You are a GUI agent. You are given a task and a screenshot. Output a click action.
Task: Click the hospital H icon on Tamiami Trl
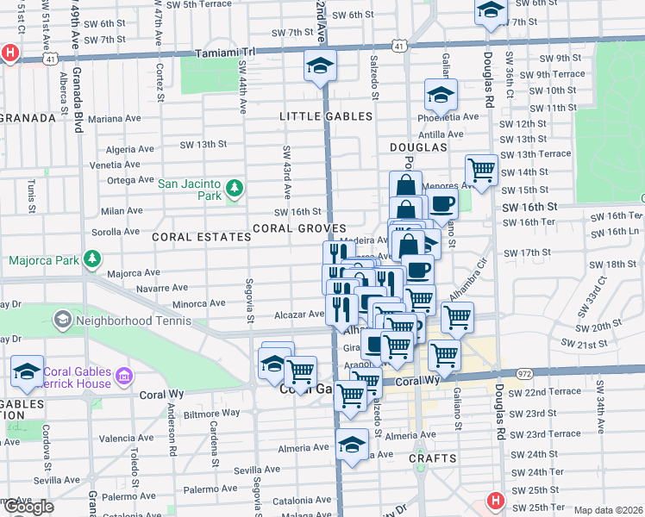click(x=9, y=52)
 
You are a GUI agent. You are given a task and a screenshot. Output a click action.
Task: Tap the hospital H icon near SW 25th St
click(x=496, y=500)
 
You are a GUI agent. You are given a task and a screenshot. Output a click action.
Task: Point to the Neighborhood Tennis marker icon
click(x=62, y=321)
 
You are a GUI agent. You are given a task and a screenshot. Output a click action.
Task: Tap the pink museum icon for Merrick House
click(x=124, y=376)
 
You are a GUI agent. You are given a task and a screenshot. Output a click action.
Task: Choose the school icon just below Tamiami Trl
click(x=319, y=66)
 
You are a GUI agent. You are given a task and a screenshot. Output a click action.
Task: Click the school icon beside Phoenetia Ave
click(x=441, y=95)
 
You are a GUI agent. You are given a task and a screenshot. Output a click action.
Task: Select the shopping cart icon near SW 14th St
click(x=481, y=170)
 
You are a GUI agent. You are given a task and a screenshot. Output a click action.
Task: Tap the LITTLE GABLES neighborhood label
click(x=325, y=116)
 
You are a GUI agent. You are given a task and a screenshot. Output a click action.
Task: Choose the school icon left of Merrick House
click(x=28, y=372)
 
